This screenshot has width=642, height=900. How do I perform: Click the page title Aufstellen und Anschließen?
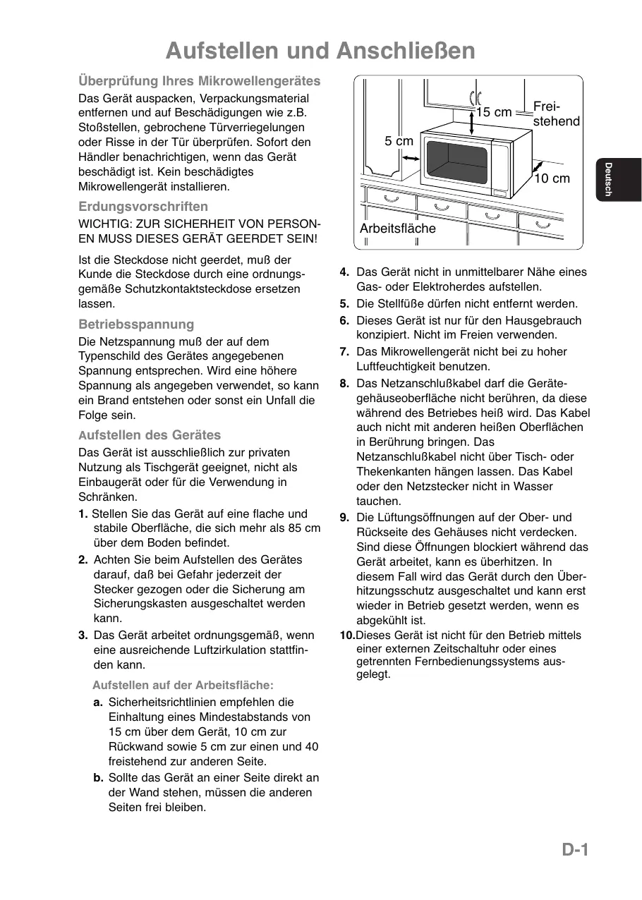320,51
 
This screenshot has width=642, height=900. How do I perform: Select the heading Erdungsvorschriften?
143,207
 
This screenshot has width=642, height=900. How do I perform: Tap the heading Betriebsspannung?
136,324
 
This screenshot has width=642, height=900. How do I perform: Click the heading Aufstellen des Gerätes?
150,435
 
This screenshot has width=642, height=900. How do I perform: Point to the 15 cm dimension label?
494,112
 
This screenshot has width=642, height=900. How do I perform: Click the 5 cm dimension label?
399,141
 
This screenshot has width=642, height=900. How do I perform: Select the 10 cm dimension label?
552,178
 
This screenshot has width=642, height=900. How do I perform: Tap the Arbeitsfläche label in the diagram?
398,229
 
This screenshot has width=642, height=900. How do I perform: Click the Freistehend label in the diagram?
556,114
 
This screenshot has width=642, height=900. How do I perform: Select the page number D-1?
575,850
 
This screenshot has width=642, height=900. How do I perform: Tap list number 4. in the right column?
344,272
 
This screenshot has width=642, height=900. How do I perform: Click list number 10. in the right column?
347,636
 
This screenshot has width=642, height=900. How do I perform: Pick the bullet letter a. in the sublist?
98,703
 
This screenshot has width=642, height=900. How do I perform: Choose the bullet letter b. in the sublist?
98,778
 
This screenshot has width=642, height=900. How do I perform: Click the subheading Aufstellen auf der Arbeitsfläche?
183,685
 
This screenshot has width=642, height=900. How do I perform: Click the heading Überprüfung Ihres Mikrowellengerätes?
199,81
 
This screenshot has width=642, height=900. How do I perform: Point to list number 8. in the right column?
344,384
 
